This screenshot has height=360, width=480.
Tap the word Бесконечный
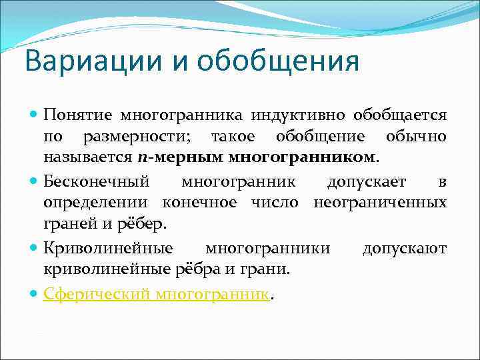pyautogui.click(x=97, y=182)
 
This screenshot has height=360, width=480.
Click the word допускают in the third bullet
pyautogui.click(x=404, y=248)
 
